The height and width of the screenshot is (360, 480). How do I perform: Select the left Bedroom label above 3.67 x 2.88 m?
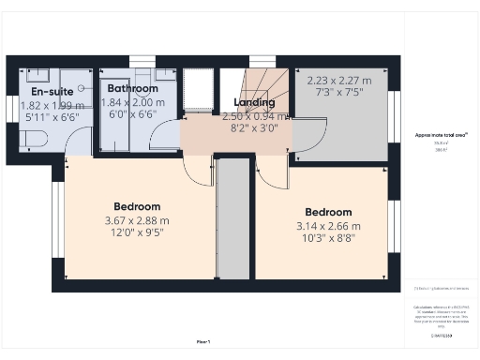(x=137, y=206)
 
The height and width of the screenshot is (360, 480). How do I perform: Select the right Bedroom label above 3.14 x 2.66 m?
(x=325, y=212)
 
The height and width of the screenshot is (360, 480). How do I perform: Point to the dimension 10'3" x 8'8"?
(x=325, y=240)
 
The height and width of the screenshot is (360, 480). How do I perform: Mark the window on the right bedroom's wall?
(x=395, y=226)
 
